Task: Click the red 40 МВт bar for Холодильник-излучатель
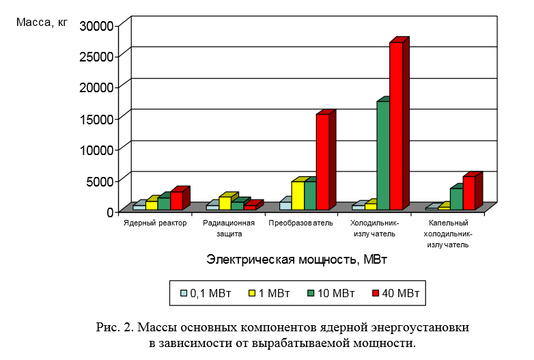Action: coord(395,126)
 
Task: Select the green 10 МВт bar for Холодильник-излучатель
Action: coord(383,155)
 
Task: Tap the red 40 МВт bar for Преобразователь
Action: coord(322,161)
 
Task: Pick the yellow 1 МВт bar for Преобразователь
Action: coord(298,195)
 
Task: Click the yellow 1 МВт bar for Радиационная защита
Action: coord(225,203)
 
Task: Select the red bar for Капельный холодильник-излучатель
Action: coord(468,193)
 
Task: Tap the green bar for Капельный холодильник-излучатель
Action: coord(456,199)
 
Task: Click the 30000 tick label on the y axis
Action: coord(96,25)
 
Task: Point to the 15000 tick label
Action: coord(96,118)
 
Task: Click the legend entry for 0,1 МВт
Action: coord(205,294)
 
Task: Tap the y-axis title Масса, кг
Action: coord(42,22)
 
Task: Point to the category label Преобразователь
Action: coord(300,223)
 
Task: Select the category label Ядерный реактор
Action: coord(155,223)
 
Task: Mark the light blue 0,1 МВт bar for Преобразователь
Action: coord(285,205)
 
